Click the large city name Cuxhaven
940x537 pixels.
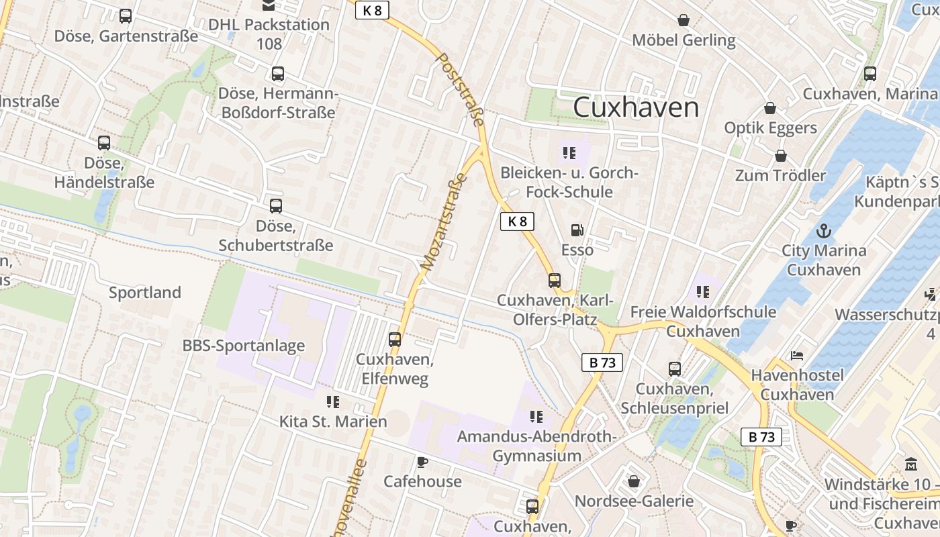coord(636,107)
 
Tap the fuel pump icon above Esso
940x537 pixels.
coord(577,231)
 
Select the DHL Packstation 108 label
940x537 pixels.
coord(269,34)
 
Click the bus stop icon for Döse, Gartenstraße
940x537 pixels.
coord(126,17)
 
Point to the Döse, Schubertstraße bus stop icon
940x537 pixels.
coord(276,206)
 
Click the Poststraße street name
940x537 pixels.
coord(461,89)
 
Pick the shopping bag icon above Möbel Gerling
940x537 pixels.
coord(684,21)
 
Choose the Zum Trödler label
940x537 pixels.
coord(780,176)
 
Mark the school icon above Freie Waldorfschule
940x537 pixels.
coord(703,292)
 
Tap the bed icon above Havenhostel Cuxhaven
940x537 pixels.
coord(797,355)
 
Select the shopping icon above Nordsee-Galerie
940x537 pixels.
coord(634,481)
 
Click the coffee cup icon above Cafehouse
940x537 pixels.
coord(422,462)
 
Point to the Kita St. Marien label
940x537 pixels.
coord(333,422)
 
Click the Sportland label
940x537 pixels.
coord(145,293)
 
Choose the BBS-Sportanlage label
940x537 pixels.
coord(244,346)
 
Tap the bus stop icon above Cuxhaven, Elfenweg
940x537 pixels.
coord(395,340)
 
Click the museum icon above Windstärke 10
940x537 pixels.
coord(911,464)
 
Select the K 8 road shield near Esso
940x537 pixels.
coord(517,222)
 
